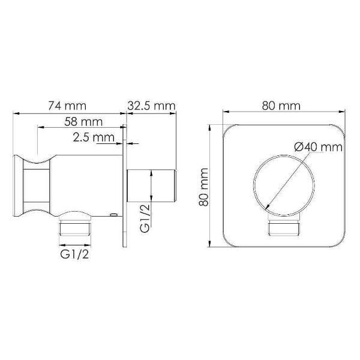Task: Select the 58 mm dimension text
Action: click(x=82, y=122)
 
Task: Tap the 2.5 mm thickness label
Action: click(x=94, y=138)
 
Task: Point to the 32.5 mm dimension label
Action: click(x=151, y=105)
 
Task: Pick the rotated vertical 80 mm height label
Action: click(x=204, y=187)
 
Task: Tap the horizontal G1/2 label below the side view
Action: click(x=76, y=254)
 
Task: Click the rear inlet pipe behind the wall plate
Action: click(x=153, y=187)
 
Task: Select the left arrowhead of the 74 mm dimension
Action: click(x=16, y=112)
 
